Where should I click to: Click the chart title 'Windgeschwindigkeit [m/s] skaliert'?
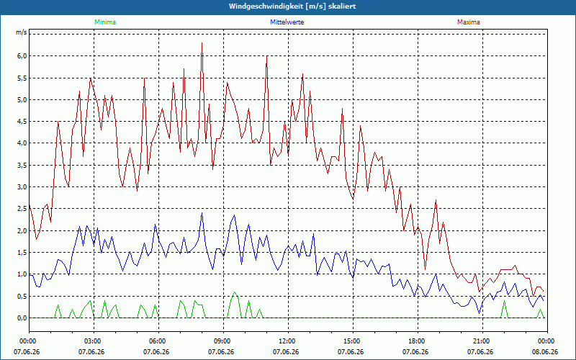(292, 6)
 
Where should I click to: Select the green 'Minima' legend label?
(105, 22)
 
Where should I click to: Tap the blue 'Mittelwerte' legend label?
(287, 22)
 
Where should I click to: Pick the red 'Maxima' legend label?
(469, 22)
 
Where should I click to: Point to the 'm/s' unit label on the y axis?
(21, 32)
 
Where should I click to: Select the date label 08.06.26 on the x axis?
(545, 352)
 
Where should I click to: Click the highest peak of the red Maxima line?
(202, 43)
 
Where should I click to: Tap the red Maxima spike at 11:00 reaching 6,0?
(266, 56)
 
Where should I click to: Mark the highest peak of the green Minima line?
(235, 292)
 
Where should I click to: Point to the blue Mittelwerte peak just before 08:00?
(202, 213)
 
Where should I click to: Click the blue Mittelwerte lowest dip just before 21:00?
(479, 312)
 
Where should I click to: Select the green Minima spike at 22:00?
(504, 301)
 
